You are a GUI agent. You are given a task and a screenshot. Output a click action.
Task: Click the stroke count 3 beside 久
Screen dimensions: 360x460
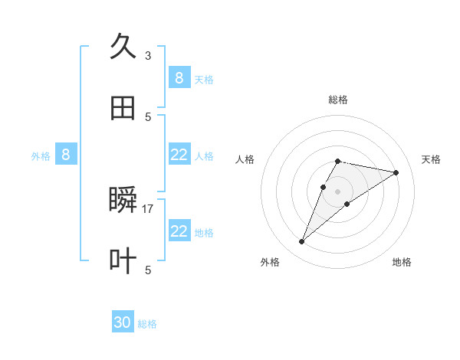tap(148, 55)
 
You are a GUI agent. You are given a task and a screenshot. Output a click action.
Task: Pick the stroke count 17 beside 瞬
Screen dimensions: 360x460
tap(149, 208)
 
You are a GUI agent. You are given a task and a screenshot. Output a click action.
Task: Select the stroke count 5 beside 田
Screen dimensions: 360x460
tap(148, 116)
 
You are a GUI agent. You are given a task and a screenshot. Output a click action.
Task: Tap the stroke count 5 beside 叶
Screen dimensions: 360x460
tap(148, 270)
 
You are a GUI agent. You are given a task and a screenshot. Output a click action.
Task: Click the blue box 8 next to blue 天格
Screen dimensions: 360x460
tap(179, 78)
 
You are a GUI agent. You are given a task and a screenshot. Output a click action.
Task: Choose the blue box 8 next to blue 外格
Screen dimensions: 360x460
tap(66, 155)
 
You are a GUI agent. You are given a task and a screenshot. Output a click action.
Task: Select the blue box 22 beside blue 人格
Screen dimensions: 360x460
tap(179, 155)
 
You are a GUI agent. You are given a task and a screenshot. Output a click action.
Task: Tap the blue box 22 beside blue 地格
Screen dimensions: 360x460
tap(179, 231)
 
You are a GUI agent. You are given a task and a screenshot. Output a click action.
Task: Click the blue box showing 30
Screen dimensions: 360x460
tap(123, 323)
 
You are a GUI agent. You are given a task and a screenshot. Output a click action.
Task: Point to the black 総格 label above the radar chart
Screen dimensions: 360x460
tap(337, 100)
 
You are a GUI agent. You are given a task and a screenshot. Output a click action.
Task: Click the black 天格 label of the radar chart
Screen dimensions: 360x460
tap(431, 159)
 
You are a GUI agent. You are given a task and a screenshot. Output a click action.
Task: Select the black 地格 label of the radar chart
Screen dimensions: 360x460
tap(402, 262)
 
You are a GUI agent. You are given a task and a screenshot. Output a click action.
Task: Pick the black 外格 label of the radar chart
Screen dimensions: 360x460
tap(270, 262)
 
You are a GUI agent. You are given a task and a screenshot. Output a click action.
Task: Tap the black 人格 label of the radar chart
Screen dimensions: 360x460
tap(245, 159)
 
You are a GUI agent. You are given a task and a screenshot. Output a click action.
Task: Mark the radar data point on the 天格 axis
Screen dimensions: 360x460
tap(396, 172)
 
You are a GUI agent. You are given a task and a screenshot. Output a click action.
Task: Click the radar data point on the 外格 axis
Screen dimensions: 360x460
tap(301, 242)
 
